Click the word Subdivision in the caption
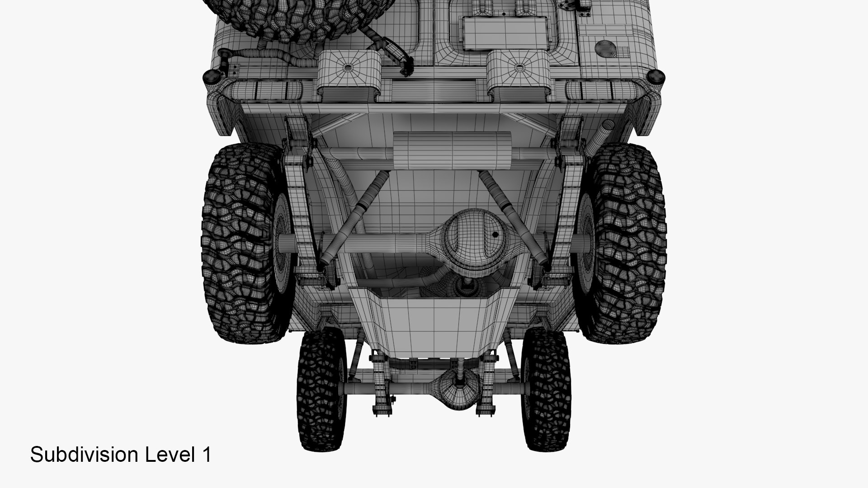pos(85,455)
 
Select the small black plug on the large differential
pos(495,235)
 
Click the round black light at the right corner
pos(656,78)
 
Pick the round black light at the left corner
pos(211,78)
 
